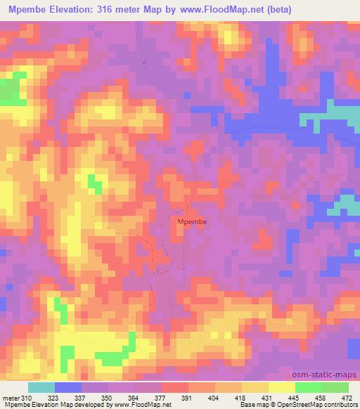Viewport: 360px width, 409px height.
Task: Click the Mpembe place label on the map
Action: point(192,221)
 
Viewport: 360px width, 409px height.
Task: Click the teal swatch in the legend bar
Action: point(41,387)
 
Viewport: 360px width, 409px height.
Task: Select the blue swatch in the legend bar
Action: point(68,387)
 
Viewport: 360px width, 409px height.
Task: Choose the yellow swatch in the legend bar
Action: point(281,387)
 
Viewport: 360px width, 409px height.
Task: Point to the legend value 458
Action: point(320,398)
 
